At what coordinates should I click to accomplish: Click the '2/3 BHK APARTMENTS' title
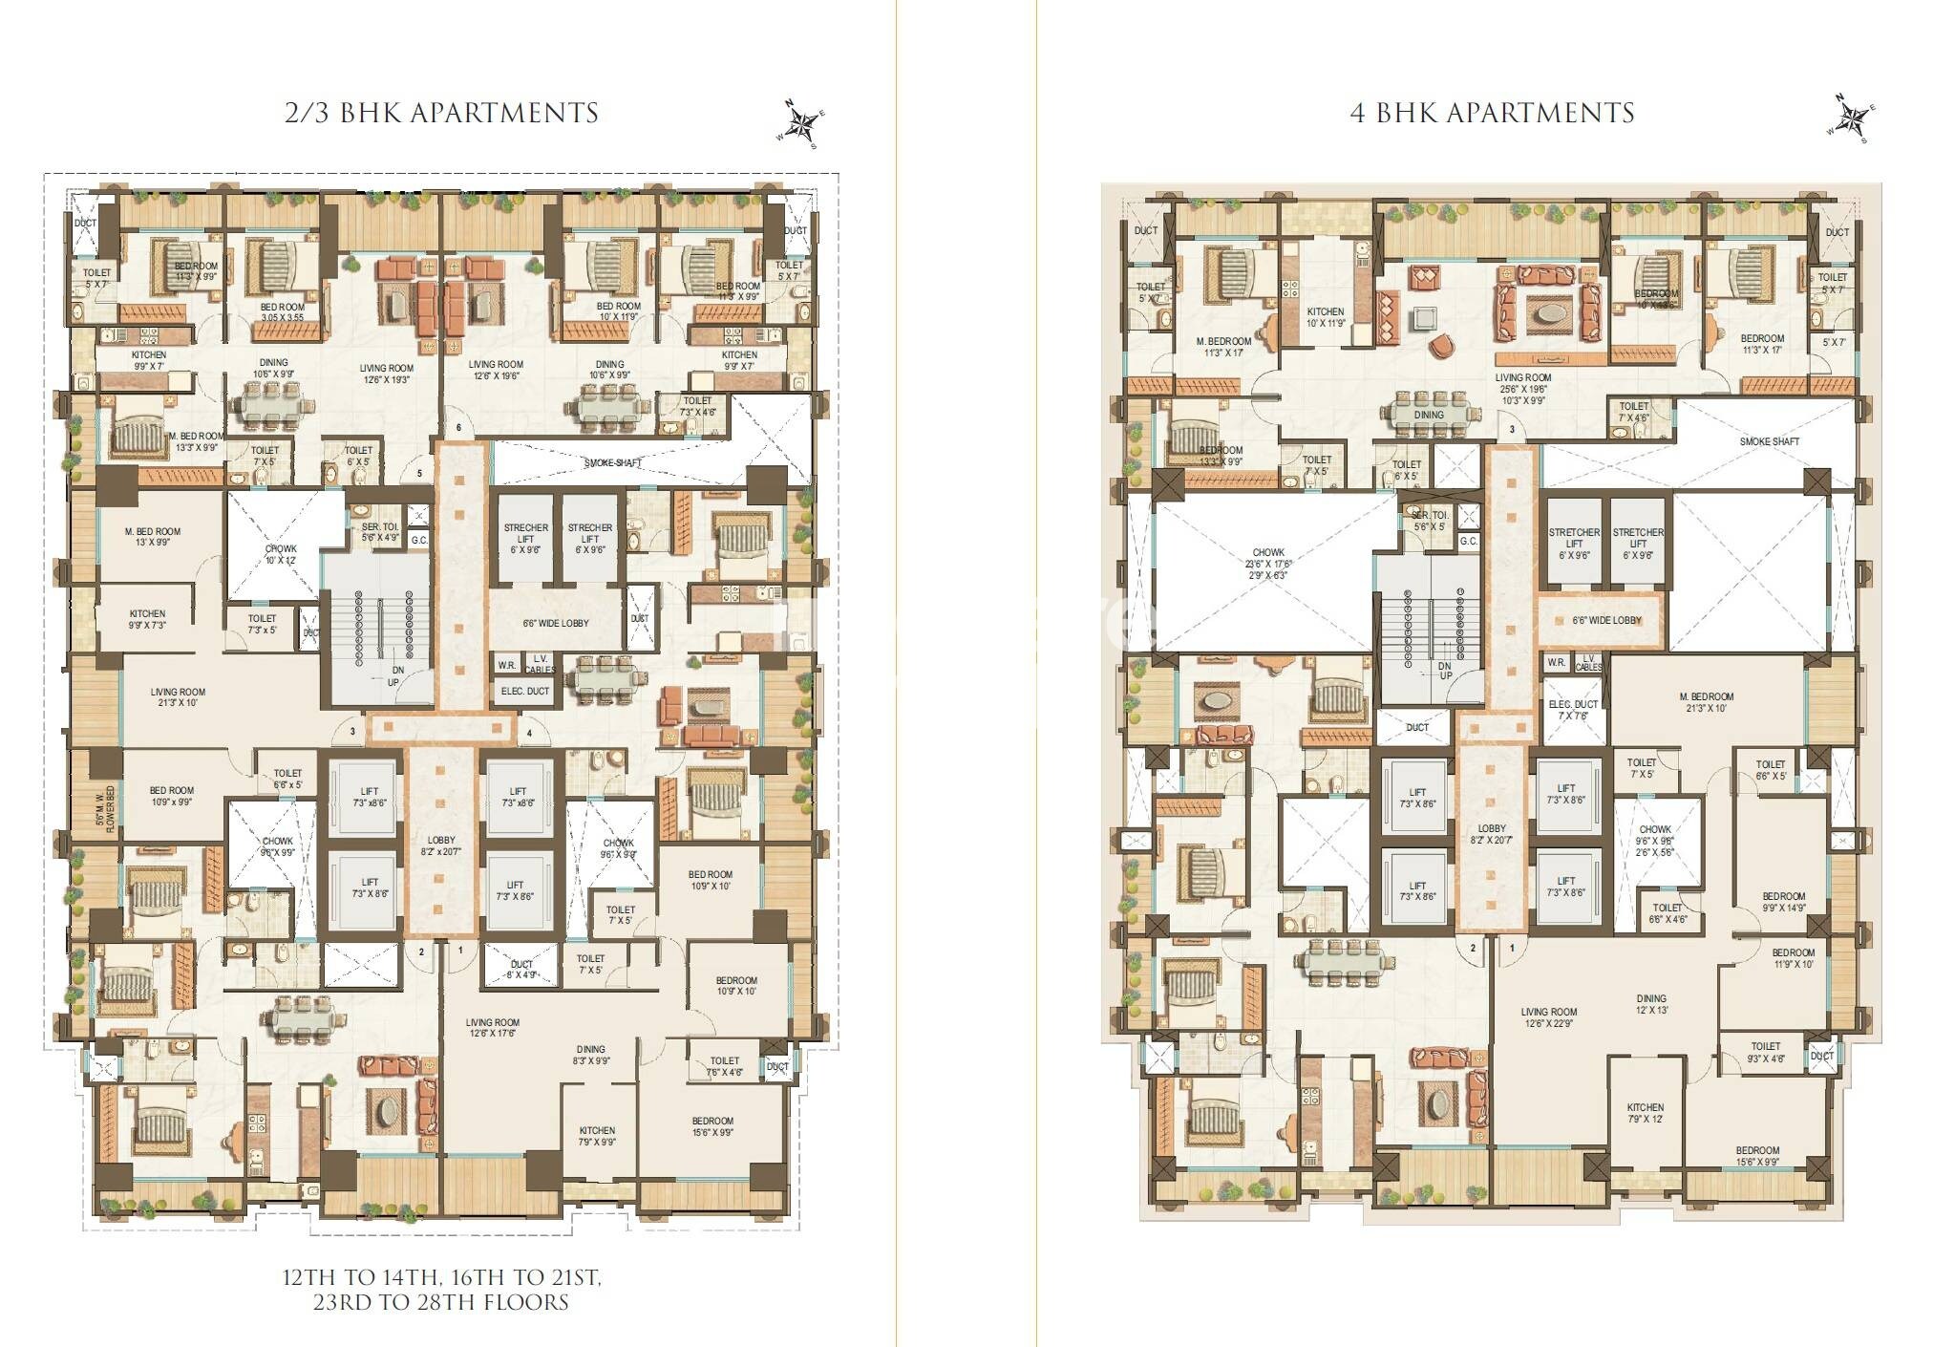click(441, 113)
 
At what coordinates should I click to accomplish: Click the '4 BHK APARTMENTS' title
click(1492, 113)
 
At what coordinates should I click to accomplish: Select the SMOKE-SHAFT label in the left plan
click(613, 463)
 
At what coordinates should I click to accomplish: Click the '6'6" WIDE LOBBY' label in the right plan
click(1607, 620)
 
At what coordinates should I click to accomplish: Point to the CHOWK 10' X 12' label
click(281, 555)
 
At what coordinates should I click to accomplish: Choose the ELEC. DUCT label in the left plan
click(525, 691)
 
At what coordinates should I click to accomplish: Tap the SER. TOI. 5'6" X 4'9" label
click(380, 532)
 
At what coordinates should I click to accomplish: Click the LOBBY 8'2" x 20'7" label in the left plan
click(441, 846)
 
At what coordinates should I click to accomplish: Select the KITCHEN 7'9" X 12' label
click(1645, 1113)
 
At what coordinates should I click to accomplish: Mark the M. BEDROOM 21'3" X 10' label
click(1707, 702)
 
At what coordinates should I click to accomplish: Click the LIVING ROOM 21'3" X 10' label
click(178, 697)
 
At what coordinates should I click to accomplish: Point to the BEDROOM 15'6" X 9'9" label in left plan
click(712, 1126)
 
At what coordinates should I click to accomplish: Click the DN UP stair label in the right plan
click(1445, 671)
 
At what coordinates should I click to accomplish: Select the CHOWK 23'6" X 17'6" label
click(1268, 564)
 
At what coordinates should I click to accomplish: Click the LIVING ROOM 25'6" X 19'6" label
click(1523, 383)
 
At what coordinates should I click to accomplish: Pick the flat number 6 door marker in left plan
click(458, 427)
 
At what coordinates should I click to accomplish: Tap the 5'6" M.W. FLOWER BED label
click(105, 809)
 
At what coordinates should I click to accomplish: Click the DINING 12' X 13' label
click(1650, 1004)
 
